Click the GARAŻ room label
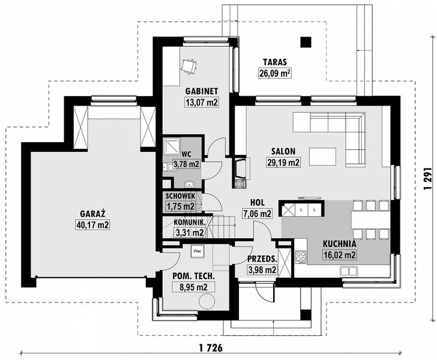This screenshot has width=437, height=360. tap(92, 214)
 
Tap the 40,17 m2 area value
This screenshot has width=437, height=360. tap(92, 224)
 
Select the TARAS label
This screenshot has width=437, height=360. tap(275, 62)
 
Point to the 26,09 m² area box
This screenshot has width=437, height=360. tap(275, 73)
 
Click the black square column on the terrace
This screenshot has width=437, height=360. tap(306, 42)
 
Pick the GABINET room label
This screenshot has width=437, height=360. tap(202, 91)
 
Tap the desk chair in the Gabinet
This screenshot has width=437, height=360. tap(188, 66)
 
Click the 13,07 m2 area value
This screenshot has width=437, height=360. tap(202, 102)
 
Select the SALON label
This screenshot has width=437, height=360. tap(283, 151)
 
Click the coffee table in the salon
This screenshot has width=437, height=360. tap(322, 157)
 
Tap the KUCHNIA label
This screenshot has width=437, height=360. tap(340, 244)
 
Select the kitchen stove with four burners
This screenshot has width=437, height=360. tap(301, 257)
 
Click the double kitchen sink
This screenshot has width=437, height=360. tap(348, 271)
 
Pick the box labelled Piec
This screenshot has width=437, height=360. tap(197, 251)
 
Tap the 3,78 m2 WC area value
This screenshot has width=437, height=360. tap(187, 164)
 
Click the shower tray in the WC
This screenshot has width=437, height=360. tap(172, 146)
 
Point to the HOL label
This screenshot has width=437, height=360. tap(258, 203)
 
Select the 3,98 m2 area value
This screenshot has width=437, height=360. tap(262, 269)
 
